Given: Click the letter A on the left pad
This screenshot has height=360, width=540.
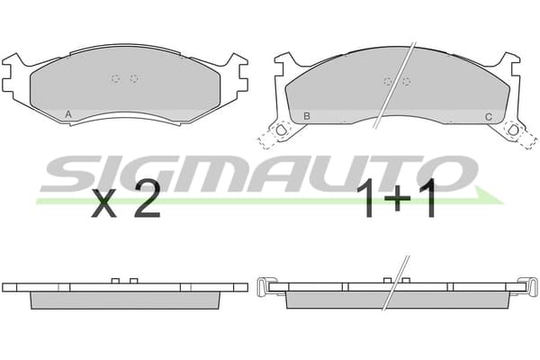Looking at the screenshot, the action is tap(68, 114).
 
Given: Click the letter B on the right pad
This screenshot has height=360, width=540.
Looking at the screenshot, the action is tap(307, 116).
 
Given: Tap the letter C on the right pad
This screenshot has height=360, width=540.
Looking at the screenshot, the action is tap(489, 117).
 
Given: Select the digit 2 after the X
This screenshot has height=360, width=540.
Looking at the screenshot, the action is tap(147, 199).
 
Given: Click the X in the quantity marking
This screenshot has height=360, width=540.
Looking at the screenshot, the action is tap(103, 203).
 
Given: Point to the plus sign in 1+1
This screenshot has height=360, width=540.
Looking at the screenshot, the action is tap(398, 199).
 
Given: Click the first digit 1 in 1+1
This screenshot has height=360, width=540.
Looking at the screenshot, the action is tap(366, 200).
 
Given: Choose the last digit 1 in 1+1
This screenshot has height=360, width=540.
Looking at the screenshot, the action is tap(427, 200).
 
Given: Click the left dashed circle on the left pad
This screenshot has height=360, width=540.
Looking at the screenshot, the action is tap(116, 79).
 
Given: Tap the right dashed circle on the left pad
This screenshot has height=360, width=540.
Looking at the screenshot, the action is tap(134, 79).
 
